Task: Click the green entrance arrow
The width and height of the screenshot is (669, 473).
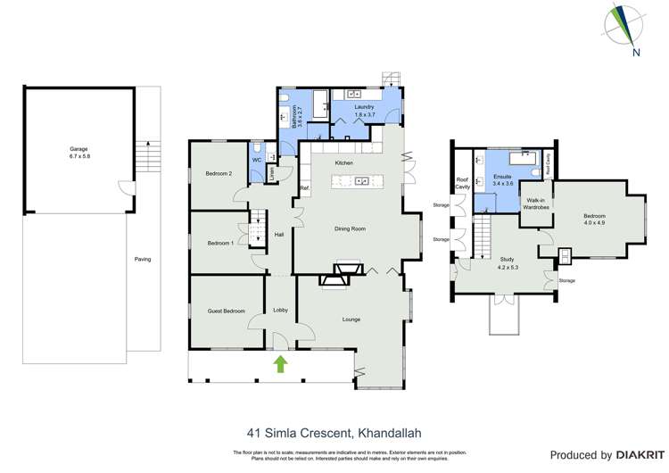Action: [282, 363]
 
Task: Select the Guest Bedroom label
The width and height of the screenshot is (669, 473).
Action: [227, 311]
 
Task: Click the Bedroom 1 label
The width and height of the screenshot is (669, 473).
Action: [220, 243]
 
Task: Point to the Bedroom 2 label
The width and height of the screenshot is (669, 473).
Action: [219, 173]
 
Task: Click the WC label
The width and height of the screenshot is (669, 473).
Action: [256, 160]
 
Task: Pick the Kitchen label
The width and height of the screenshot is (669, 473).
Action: [344, 163]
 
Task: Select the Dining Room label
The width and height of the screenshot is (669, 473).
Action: [351, 228]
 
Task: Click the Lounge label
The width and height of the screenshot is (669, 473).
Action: [351, 319]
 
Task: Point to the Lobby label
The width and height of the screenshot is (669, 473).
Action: [280, 310]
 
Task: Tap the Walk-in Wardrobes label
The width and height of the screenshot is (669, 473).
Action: [537, 203]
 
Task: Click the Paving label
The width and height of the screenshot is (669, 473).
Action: [142, 259]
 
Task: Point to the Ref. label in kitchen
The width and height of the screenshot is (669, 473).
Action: [304, 187]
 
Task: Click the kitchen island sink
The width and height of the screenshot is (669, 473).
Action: [363, 182]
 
